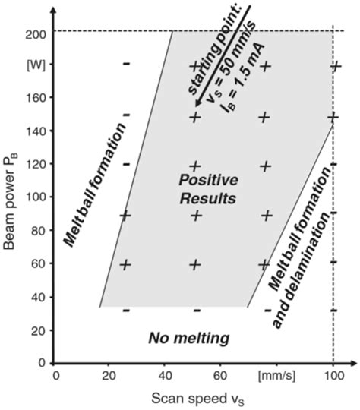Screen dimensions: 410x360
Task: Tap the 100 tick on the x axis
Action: pyautogui.click(x=333, y=375)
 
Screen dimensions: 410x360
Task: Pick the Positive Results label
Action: pyautogui.click(x=207, y=189)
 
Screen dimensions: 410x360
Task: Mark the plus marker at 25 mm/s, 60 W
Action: pyautogui.click(x=125, y=264)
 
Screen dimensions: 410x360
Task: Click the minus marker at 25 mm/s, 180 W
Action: pyautogui.click(x=126, y=64)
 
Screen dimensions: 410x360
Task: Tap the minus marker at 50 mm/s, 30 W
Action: pyautogui.click(x=196, y=310)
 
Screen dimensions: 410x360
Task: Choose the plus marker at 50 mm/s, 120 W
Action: pyautogui.click(x=195, y=166)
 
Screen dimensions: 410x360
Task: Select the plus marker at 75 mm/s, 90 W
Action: pyautogui.click(x=267, y=215)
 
